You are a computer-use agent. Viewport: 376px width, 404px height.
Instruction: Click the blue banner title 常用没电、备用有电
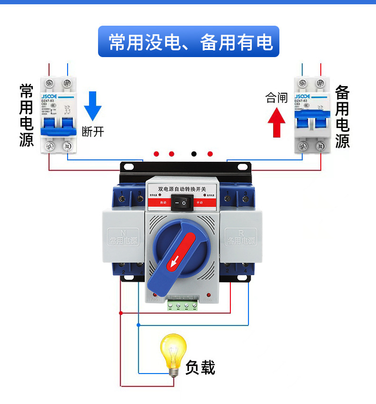[189, 42]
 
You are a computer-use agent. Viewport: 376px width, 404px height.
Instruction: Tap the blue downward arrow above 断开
[93, 105]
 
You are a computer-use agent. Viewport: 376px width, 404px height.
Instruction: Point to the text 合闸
[277, 98]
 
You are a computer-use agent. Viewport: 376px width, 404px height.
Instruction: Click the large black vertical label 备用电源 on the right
[342, 117]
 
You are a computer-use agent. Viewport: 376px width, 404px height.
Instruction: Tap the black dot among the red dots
[194, 154]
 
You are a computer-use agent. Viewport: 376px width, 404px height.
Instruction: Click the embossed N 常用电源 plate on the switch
[123, 238]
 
